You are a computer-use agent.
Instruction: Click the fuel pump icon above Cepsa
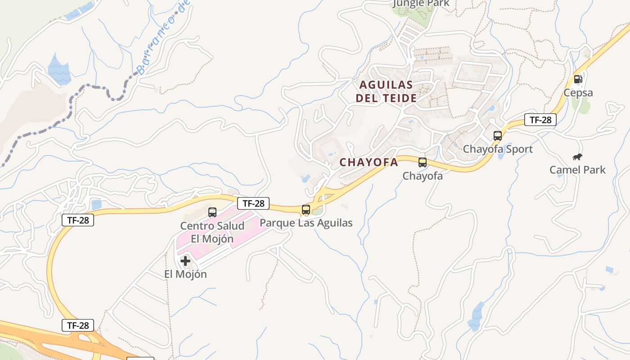(x=578, y=80)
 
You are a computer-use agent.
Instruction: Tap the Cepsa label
(x=578, y=93)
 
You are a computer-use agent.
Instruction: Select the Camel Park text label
(x=577, y=170)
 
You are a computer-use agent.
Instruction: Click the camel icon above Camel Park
(x=577, y=157)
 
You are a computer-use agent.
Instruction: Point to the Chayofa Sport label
(x=498, y=149)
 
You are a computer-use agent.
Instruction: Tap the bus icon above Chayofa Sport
(x=498, y=135)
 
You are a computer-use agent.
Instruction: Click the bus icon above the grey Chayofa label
(x=423, y=162)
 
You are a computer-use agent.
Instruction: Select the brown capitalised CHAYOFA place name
(x=369, y=162)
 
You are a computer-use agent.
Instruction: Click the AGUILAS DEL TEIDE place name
(x=386, y=91)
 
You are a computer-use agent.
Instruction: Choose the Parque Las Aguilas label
(x=306, y=223)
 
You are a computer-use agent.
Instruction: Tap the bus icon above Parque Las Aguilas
(x=306, y=209)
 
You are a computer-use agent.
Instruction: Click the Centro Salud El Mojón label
(x=212, y=232)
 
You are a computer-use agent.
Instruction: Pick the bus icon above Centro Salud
(x=212, y=212)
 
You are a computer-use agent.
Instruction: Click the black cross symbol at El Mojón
(x=185, y=261)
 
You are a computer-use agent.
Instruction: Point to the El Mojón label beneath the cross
(x=185, y=274)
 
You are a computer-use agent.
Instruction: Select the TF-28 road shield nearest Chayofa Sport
(x=540, y=120)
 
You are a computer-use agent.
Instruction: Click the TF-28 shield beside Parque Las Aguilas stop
(x=254, y=203)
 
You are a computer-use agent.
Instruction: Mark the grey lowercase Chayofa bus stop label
(x=423, y=176)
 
